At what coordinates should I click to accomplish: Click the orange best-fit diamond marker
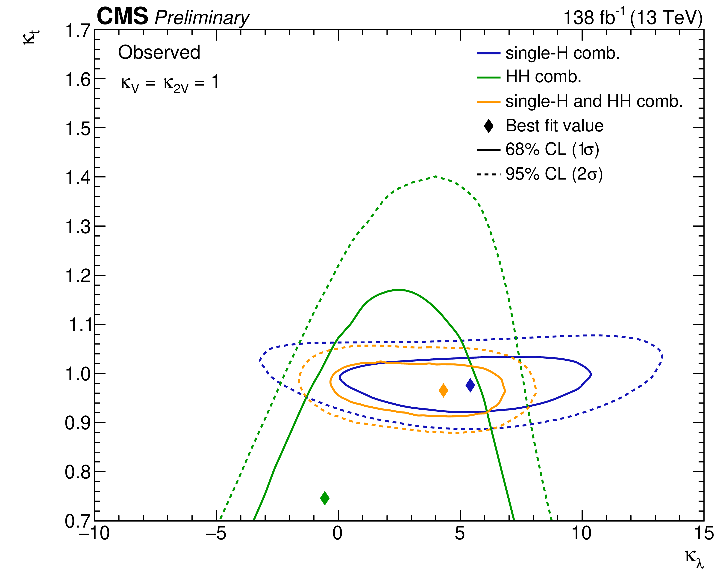[443, 390]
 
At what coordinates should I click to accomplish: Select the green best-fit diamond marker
[325, 498]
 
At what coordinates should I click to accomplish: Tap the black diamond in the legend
[489, 126]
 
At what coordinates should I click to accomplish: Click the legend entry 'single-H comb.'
[562, 53]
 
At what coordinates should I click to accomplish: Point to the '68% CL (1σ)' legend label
[552, 149]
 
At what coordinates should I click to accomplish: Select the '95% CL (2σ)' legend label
[554, 174]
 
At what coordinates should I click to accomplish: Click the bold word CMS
[122, 16]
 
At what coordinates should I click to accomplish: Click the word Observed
[159, 53]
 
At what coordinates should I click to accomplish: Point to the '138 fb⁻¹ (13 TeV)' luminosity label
[633, 18]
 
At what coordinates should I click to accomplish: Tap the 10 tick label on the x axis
[582, 534]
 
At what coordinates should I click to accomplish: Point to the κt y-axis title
[31, 37]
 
